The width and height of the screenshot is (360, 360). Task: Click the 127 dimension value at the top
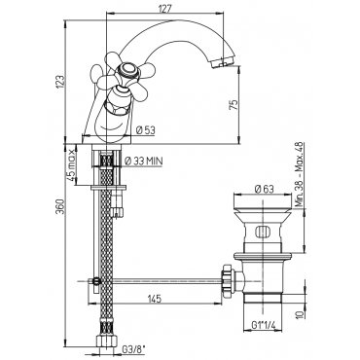[165, 9]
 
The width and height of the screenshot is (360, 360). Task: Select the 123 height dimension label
[60, 84]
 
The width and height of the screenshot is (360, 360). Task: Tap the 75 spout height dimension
[234, 105]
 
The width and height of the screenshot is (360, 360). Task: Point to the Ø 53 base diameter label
[146, 130]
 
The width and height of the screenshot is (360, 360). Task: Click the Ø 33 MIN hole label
[143, 162]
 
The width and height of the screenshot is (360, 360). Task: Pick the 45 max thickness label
[70, 166]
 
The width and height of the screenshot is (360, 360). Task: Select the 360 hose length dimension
[60, 206]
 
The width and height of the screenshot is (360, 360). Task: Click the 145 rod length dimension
[154, 299]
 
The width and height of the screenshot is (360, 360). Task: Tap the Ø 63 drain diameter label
[265, 189]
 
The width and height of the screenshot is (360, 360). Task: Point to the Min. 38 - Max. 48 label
[300, 174]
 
